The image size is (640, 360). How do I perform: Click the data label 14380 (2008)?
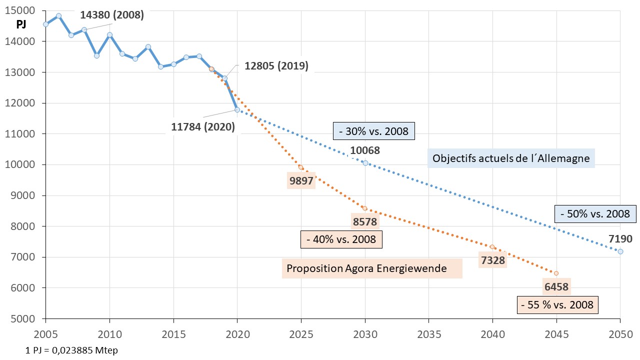pyautogui.click(x=112, y=15)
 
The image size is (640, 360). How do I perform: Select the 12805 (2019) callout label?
pyautogui.click(x=276, y=66)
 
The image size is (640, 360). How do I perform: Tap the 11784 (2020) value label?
pyautogui.click(x=202, y=127)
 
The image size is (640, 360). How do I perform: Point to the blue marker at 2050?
pyautogui.click(x=620, y=251)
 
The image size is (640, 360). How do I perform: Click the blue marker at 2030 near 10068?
pyautogui.click(x=365, y=163)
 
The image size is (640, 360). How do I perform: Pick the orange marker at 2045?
pyautogui.click(x=556, y=273)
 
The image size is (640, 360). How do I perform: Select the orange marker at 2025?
pyautogui.click(x=301, y=167)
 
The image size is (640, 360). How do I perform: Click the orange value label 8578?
pyautogui.click(x=365, y=221)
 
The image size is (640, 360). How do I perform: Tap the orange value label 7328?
pyautogui.click(x=492, y=260)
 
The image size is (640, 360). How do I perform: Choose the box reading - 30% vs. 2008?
pyautogui.click(x=374, y=132)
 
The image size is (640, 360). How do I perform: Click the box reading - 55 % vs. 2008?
pyautogui.click(x=557, y=304)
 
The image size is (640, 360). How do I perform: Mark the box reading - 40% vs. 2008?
pyautogui.click(x=341, y=239)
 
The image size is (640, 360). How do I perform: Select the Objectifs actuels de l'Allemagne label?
pyautogui.click(x=511, y=158)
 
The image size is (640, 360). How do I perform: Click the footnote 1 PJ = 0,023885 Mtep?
pyautogui.click(x=71, y=350)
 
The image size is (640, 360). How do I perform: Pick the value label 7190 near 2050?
pyautogui.click(x=620, y=238)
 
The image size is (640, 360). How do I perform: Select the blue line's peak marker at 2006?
pyautogui.click(x=58, y=15)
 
